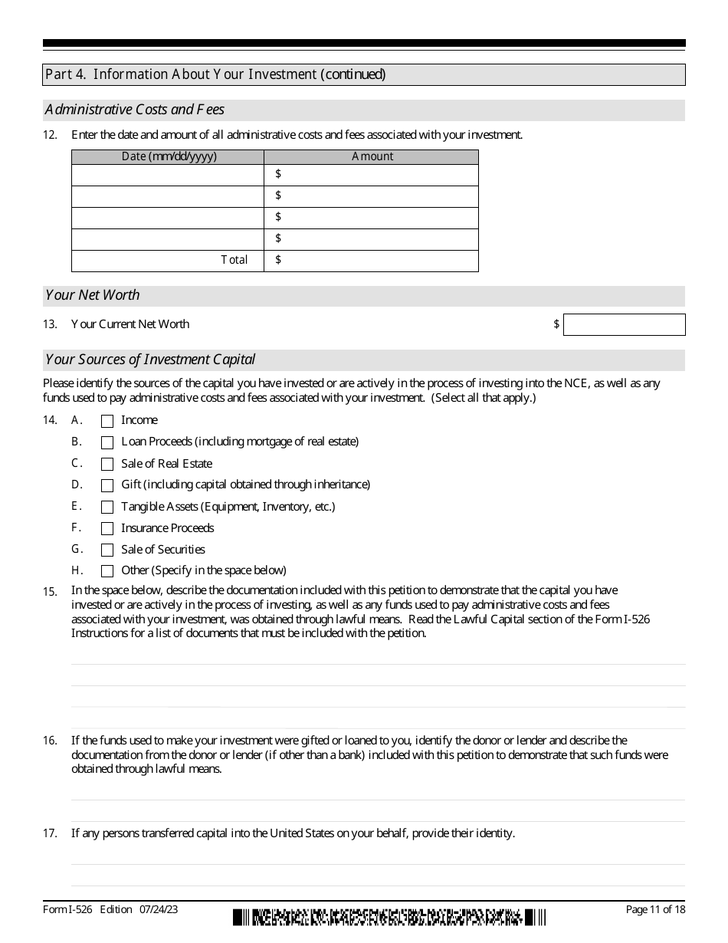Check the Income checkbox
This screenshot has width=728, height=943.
tap(107, 421)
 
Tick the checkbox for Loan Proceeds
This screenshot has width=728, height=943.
tap(107, 442)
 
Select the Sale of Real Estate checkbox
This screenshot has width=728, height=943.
tap(107, 464)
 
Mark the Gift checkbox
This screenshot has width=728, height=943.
tap(107, 485)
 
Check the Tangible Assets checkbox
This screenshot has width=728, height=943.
tap(107, 507)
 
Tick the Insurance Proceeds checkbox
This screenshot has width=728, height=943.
tap(107, 528)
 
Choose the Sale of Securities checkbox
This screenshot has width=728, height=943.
tap(107, 550)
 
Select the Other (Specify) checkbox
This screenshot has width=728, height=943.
tap(107, 571)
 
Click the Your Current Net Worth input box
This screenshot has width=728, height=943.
tap(624, 324)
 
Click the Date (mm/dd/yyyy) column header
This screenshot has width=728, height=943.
tap(169, 156)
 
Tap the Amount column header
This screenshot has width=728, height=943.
tap(372, 156)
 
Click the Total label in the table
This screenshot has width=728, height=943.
tap(234, 260)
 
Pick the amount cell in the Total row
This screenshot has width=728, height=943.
tap(372, 260)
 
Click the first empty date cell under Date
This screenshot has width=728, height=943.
tap(168, 175)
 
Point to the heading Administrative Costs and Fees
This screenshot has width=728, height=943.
tap(135, 110)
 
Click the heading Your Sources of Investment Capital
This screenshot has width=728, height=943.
tap(150, 360)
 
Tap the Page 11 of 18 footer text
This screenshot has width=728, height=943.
tap(655, 909)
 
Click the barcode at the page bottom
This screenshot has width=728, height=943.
tap(389, 917)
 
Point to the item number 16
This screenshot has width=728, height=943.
tap(50, 741)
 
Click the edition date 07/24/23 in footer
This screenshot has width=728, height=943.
tap(159, 909)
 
